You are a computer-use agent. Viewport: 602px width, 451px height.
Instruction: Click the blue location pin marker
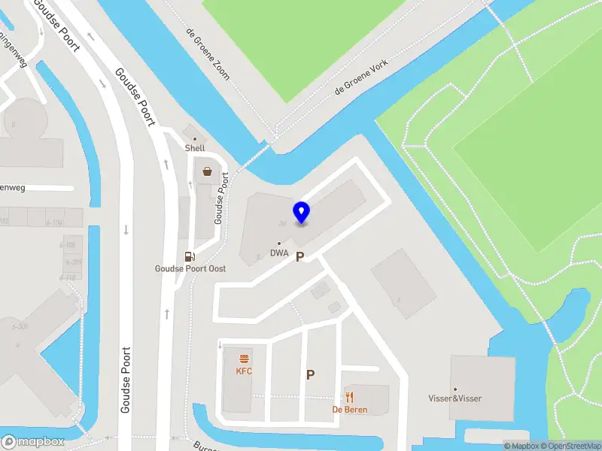(x=302, y=213)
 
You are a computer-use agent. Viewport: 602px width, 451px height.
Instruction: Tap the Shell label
(x=195, y=148)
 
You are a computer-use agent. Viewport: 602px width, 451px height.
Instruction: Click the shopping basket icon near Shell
(x=207, y=171)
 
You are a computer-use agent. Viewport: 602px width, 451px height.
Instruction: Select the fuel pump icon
(x=190, y=257)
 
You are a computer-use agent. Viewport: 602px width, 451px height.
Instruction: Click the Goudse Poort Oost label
(x=190, y=269)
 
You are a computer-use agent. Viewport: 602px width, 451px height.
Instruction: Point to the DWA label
(x=279, y=253)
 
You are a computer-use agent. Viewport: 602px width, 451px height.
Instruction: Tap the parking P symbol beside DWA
(x=299, y=257)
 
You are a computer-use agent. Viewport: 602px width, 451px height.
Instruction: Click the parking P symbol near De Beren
(x=310, y=374)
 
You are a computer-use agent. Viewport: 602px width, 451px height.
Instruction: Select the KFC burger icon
(x=244, y=359)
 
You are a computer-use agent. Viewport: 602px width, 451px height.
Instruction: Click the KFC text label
(x=244, y=371)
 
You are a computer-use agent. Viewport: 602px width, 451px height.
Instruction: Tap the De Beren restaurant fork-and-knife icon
(x=349, y=397)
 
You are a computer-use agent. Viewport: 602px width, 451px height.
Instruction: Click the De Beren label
(x=349, y=410)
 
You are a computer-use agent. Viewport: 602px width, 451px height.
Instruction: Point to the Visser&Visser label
(x=455, y=398)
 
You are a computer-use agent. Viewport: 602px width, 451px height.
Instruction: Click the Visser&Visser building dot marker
(x=455, y=389)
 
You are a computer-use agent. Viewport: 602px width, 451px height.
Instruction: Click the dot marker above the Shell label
(x=195, y=139)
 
